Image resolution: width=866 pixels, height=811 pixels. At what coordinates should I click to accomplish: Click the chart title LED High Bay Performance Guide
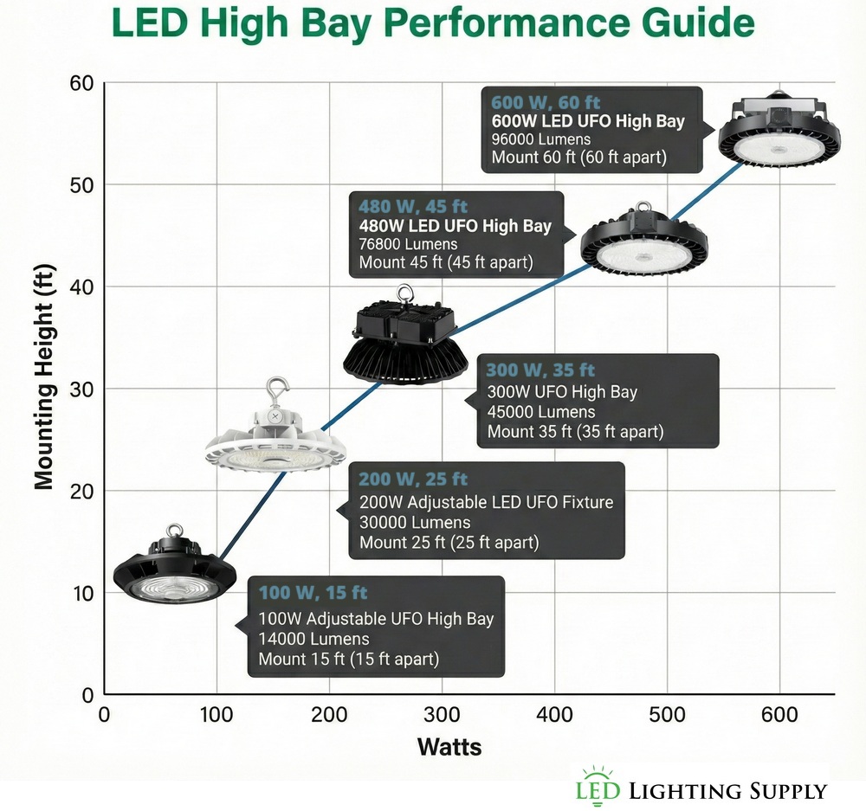[x=433, y=24]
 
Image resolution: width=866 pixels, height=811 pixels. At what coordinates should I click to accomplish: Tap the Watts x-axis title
[x=449, y=746]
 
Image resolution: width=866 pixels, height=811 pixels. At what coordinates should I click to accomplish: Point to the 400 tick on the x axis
[x=554, y=714]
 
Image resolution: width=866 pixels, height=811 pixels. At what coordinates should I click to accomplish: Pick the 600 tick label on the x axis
[x=779, y=714]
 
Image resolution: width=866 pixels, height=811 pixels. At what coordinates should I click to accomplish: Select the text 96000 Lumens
[x=541, y=139]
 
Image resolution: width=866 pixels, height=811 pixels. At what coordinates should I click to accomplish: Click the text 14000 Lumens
[x=313, y=639]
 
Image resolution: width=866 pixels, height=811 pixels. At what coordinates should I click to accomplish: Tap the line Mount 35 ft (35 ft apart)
[x=575, y=431]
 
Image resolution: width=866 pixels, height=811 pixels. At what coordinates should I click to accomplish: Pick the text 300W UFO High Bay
[x=562, y=392]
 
